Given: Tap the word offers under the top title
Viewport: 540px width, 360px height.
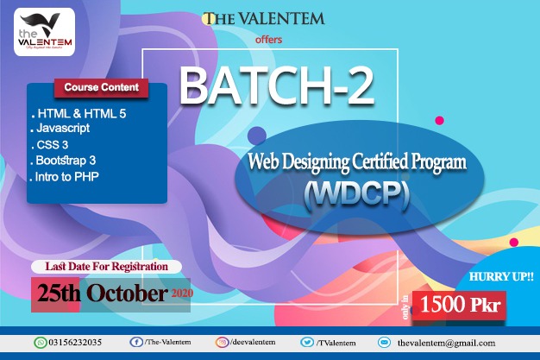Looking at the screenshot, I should tap(269, 39).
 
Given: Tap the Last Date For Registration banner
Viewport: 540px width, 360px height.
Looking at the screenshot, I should tap(105, 267).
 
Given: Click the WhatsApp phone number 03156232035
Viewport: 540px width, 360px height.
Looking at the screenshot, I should tap(74, 342).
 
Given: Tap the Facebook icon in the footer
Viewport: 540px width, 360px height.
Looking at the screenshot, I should tap(135, 342).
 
